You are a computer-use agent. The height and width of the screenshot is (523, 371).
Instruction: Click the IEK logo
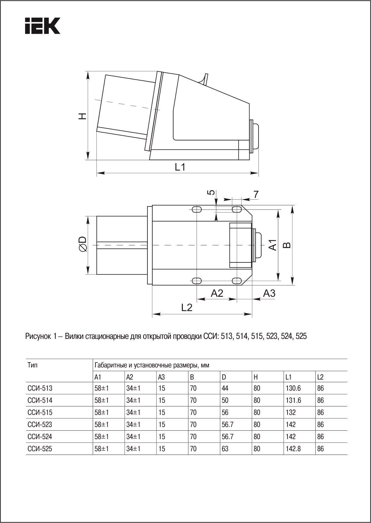[42, 26]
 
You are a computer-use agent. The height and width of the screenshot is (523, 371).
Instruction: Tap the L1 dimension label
[180, 167]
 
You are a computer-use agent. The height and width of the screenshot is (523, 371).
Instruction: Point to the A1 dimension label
[272, 245]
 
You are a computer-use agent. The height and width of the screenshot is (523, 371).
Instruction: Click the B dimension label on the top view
[287, 245]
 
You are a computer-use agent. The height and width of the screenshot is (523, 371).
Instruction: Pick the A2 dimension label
[217, 293]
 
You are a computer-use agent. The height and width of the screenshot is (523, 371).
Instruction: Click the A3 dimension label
[269, 293]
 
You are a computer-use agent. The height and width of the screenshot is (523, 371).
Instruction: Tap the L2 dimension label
[187, 307]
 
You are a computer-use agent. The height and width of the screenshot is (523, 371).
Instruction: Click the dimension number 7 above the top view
[256, 195]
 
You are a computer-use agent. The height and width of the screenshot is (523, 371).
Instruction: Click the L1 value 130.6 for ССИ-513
[293, 388]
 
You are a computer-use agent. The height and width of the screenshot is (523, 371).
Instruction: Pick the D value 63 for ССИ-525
[225, 449]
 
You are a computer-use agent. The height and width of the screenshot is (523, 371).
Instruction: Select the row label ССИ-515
[40, 412]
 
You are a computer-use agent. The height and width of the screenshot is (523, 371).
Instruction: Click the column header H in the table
[256, 377]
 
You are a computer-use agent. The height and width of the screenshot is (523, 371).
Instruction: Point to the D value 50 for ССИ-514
[225, 400]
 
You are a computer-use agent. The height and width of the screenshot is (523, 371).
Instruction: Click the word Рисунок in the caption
[38, 336]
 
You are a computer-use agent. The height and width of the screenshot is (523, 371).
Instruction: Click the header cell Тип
[33, 365]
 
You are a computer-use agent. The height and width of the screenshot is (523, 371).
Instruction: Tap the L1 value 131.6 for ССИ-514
[293, 400]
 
